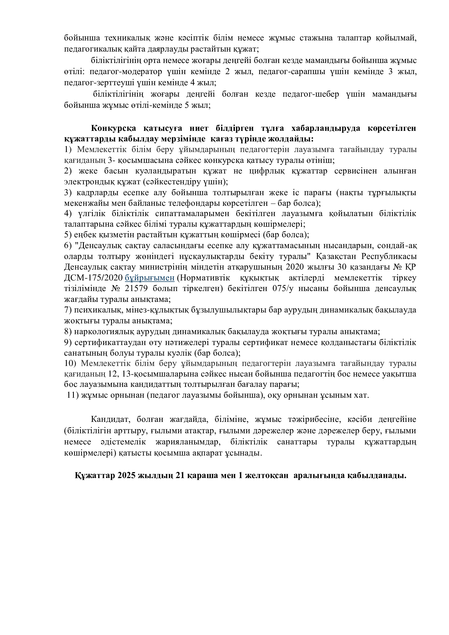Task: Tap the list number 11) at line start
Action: point(73,395)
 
